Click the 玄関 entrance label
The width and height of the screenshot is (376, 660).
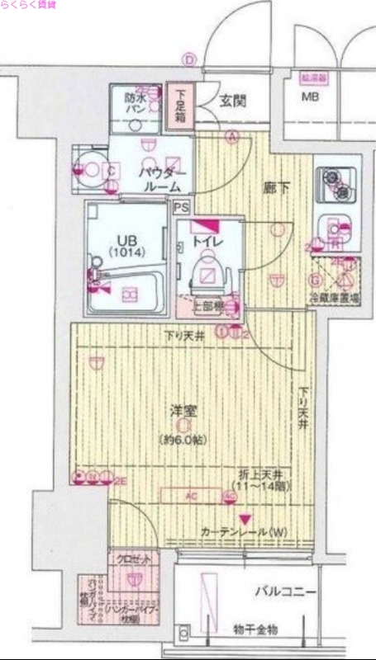pyautogui.click(x=233, y=102)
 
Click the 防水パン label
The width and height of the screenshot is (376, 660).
pyautogui.click(x=136, y=104)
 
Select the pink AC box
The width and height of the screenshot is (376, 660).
pyautogui.click(x=190, y=496)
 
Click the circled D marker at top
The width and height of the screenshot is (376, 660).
pyautogui.click(x=188, y=59)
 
